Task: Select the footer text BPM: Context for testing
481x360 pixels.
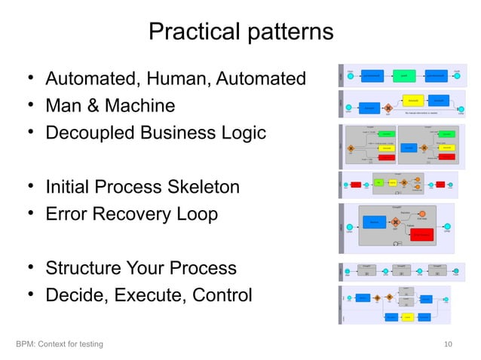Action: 60,344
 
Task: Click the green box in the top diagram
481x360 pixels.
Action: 404,76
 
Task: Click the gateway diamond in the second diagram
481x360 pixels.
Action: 389,108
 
